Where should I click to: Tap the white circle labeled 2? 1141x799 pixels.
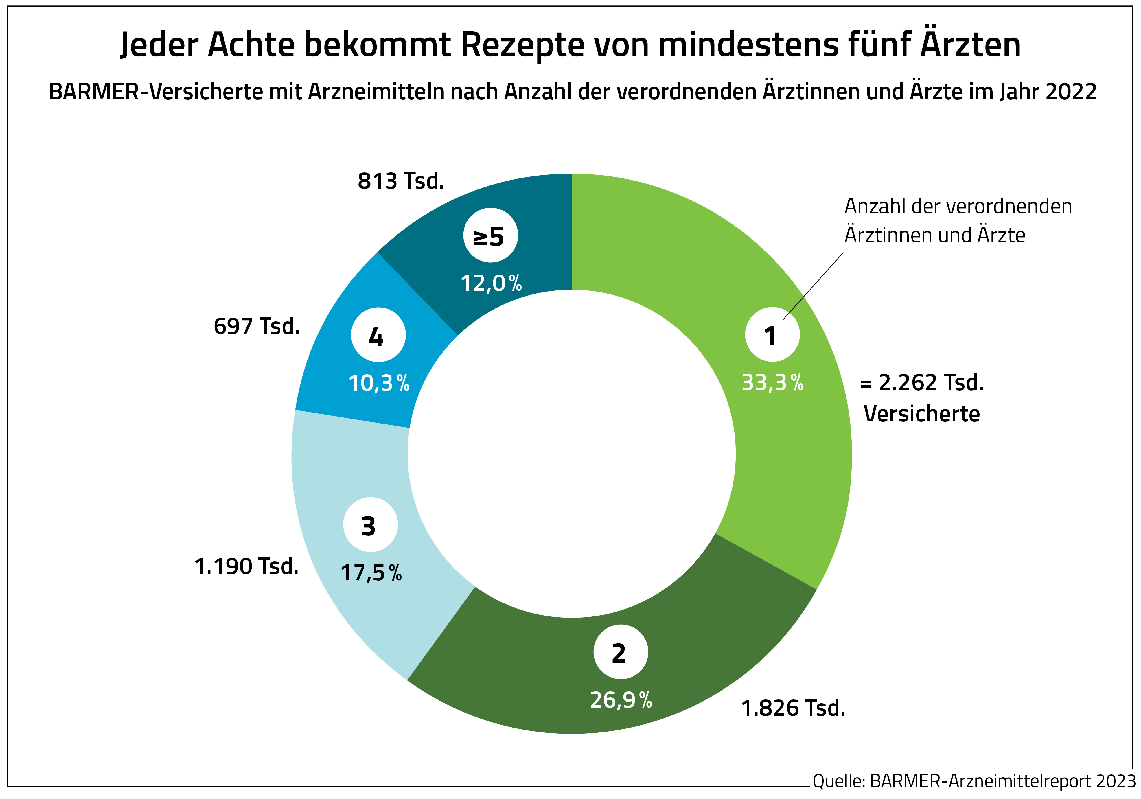coord(621,652)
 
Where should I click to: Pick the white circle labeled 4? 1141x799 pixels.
coord(378,335)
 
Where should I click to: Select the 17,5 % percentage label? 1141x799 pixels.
coord(371,573)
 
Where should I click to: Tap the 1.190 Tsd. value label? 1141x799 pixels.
coord(246,566)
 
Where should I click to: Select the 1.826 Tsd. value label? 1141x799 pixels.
coord(793,708)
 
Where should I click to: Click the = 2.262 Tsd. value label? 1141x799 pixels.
coord(922,383)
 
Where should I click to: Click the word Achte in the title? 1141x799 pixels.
coord(251,45)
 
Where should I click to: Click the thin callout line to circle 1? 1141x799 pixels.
coord(813,286)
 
